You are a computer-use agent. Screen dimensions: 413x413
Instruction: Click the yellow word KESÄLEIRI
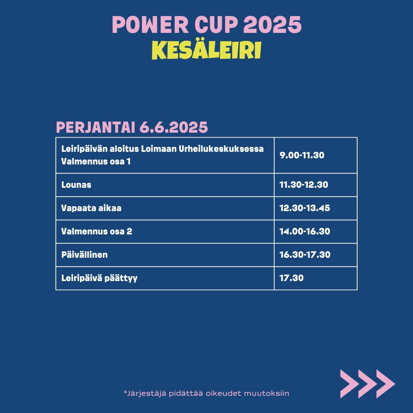click(206, 50)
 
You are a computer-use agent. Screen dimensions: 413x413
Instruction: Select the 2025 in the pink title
click(272, 24)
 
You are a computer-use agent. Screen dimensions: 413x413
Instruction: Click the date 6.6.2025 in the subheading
click(174, 127)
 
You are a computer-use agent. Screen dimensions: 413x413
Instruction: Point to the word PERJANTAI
click(96, 127)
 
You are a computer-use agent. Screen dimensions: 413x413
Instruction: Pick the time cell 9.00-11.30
click(302, 155)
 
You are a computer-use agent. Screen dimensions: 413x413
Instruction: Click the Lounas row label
click(76, 185)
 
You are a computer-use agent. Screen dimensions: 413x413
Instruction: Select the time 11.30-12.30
click(304, 185)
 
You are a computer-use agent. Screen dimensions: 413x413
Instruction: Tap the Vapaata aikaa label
click(91, 208)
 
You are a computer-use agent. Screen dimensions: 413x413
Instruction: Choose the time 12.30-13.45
click(304, 208)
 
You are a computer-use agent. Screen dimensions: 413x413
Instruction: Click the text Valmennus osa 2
click(96, 231)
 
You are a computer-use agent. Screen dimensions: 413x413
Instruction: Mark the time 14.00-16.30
click(304, 231)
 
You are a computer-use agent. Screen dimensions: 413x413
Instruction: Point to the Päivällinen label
click(84, 255)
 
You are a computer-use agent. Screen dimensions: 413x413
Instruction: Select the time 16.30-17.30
click(305, 255)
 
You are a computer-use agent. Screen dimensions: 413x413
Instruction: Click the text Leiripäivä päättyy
click(99, 278)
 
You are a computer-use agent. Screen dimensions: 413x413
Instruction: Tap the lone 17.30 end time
click(291, 278)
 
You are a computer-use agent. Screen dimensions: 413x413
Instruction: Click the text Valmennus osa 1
click(96, 161)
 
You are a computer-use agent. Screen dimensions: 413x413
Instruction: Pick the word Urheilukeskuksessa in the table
click(221, 149)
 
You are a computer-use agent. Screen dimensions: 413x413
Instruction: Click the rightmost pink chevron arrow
click(385, 384)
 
